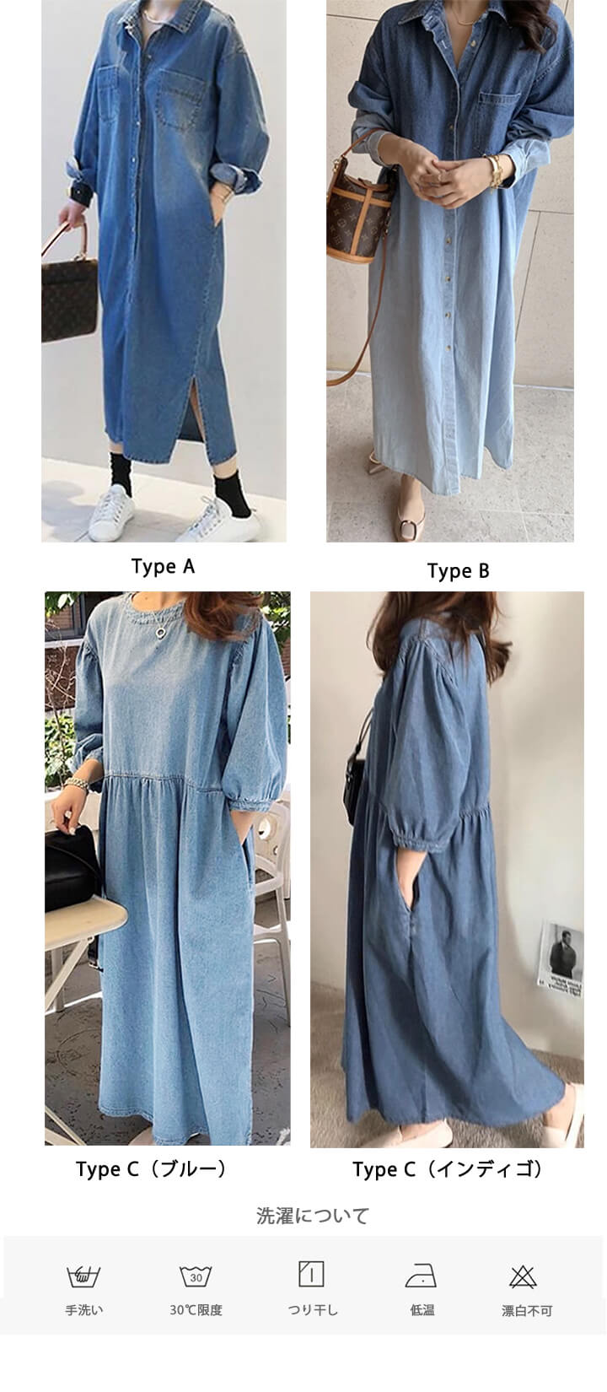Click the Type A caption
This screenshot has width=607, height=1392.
(x=163, y=567)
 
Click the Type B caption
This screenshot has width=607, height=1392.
(x=459, y=571)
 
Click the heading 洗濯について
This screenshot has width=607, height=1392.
(x=313, y=1216)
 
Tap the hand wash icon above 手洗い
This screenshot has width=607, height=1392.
(x=83, y=1276)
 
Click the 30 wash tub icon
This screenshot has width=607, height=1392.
(x=196, y=1276)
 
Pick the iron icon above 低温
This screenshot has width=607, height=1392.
(x=422, y=1276)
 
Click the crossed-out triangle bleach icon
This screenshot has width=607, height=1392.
(x=523, y=1276)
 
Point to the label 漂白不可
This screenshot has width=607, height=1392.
(x=527, y=1311)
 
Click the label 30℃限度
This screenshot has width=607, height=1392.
(x=196, y=1310)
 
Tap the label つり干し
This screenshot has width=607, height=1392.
(x=313, y=1310)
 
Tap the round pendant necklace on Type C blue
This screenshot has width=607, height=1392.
(x=160, y=631)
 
